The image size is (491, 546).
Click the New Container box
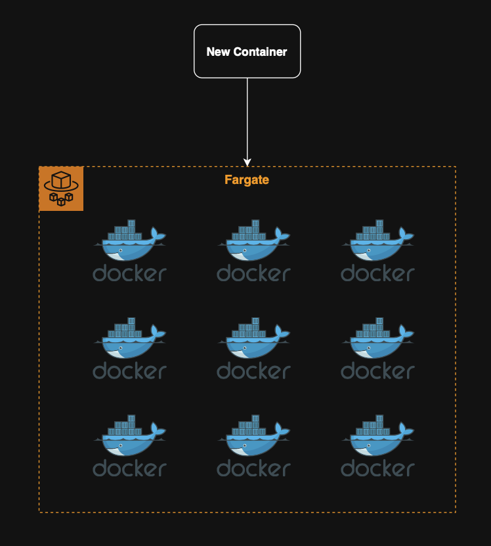click(247, 51)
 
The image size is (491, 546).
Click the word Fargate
click(247, 179)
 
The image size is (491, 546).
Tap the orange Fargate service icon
click(61, 189)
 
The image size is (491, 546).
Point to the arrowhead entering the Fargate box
click(247, 162)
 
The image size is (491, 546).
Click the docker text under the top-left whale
click(129, 273)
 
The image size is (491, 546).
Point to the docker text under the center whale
click(253, 371)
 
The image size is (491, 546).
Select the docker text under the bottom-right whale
click(377, 468)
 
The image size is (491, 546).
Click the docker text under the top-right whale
click(377, 273)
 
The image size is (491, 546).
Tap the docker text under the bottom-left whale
click(129, 468)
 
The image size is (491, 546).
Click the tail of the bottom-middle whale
click(282, 430)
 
